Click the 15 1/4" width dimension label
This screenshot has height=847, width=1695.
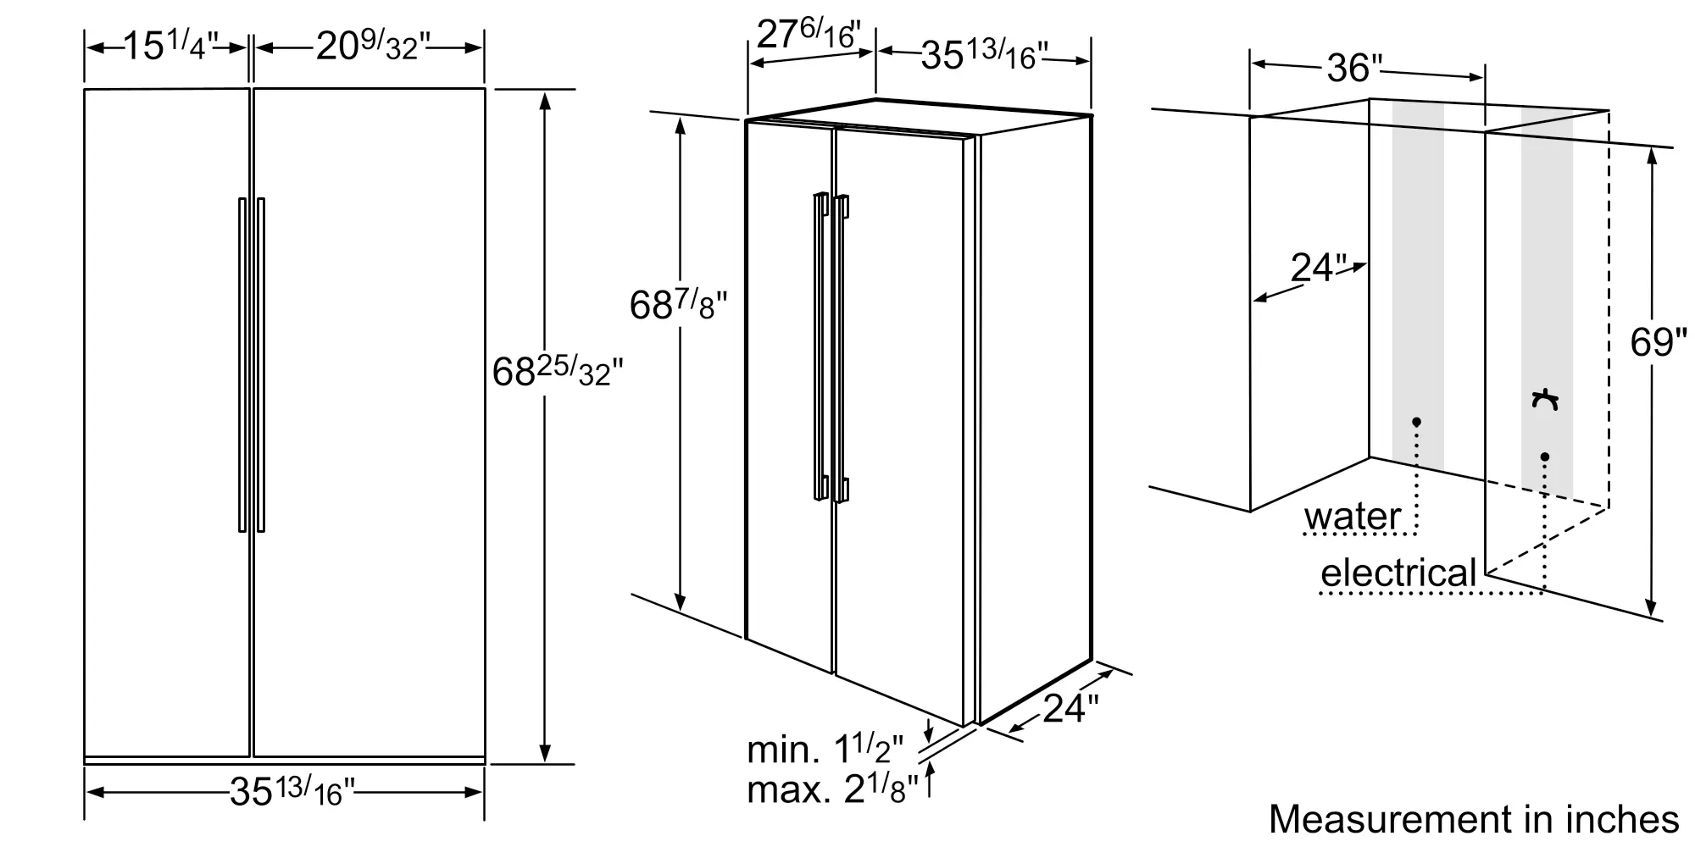pos(170,47)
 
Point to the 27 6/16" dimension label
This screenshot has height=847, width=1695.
pos(808,35)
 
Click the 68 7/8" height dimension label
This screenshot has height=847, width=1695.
pos(678,305)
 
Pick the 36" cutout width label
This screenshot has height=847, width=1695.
pos(1354,68)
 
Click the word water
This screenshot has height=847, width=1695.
pos(1353,517)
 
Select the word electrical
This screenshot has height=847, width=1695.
pos(1398,573)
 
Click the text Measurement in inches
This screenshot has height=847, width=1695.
pos(1474,819)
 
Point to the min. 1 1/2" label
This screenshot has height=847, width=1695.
pos(825,750)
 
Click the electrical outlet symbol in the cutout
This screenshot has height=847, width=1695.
pos(1546,400)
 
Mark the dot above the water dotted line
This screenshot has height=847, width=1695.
pos(1416,421)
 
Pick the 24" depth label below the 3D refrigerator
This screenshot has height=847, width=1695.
pos(1070,708)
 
